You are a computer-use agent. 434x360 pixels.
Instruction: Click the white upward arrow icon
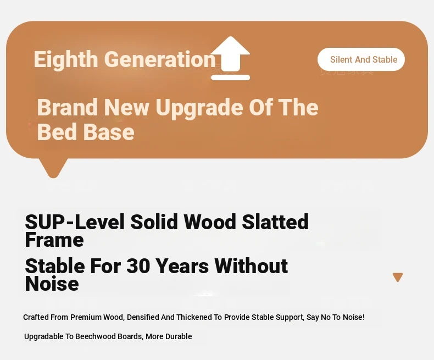(x=230, y=58)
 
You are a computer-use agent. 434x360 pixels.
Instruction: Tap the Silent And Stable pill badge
(x=361, y=59)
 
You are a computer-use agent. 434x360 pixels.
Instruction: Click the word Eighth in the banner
(x=66, y=59)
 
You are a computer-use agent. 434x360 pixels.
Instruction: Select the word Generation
(x=160, y=59)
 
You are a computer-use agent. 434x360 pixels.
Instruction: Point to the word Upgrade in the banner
(x=199, y=108)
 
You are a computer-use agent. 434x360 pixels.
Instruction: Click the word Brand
(x=67, y=107)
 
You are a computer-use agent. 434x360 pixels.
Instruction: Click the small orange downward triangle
(x=398, y=277)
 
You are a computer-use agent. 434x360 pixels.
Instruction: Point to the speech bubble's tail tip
(x=53, y=176)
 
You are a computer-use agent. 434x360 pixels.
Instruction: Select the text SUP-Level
(x=75, y=222)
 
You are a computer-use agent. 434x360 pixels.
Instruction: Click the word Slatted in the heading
(x=275, y=222)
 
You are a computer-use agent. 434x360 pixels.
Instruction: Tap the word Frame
(x=54, y=240)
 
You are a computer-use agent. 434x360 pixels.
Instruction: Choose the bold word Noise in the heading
(x=52, y=284)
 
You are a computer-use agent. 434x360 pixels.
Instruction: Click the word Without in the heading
(x=251, y=266)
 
